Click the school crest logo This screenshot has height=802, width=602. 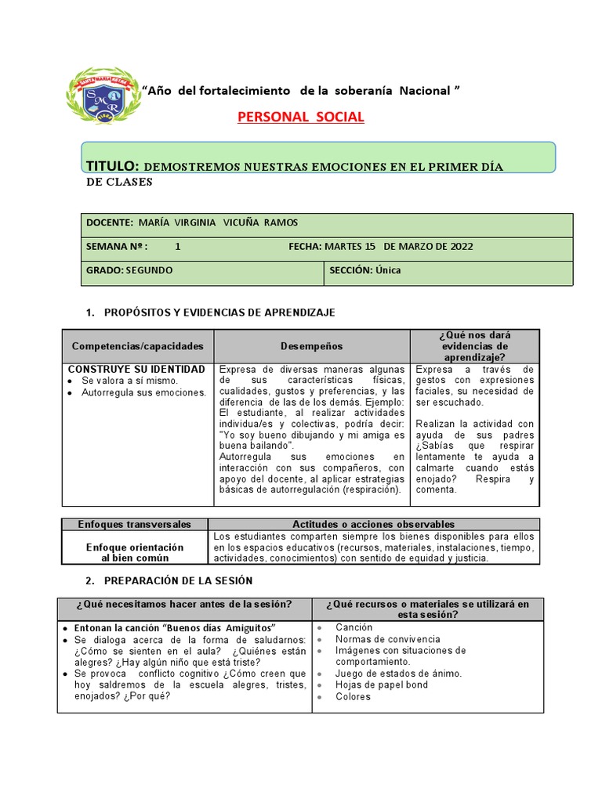103,96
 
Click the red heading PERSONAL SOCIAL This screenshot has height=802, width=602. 301,117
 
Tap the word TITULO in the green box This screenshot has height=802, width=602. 112,166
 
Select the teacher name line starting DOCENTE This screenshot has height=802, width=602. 192,222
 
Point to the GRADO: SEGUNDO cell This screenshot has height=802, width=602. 130,270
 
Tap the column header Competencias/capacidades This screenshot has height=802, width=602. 137,345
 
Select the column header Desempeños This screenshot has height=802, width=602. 311,345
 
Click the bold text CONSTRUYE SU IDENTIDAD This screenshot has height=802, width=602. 137,369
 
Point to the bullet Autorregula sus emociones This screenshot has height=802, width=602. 143,392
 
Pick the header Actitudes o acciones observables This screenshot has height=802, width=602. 373,524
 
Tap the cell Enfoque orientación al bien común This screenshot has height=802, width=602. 135,552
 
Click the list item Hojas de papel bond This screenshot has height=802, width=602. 382,685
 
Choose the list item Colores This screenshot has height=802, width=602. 353,696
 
